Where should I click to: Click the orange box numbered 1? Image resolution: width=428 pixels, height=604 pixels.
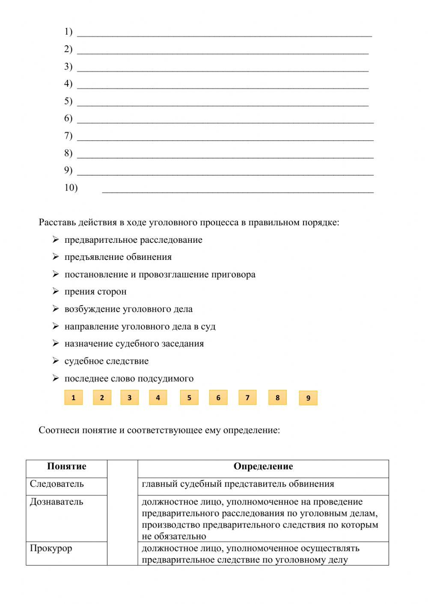point(73,398)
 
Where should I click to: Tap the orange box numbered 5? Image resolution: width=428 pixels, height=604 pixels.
point(189,398)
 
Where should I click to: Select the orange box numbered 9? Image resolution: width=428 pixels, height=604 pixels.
point(308,398)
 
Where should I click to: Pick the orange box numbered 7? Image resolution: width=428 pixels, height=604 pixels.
point(247,398)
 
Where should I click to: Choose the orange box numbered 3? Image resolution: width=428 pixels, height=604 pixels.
point(129,398)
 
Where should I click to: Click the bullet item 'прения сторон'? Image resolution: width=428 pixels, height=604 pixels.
point(95,292)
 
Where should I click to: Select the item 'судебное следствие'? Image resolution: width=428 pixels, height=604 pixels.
point(107,361)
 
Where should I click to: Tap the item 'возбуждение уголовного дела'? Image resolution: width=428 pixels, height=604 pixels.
point(128,309)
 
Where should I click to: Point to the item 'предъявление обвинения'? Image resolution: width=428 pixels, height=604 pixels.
point(118,257)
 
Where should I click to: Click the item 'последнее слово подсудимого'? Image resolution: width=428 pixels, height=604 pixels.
point(129,378)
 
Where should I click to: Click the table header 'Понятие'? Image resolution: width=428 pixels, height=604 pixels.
point(66,466)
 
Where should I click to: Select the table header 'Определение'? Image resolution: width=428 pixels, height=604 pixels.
point(263,466)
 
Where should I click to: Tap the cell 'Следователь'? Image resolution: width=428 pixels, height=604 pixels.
point(57,484)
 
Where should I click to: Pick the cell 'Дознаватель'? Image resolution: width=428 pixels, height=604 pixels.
point(56,502)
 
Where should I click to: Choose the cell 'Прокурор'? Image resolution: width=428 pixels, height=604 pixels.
point(51,548)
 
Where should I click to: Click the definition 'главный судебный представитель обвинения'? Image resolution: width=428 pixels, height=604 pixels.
point(238,484)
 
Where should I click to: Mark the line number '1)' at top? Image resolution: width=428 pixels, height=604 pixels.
point(68,32)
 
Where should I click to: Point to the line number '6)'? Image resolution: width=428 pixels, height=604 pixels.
point(68,118)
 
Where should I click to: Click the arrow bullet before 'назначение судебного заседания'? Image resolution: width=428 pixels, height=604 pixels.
point(56,343)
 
